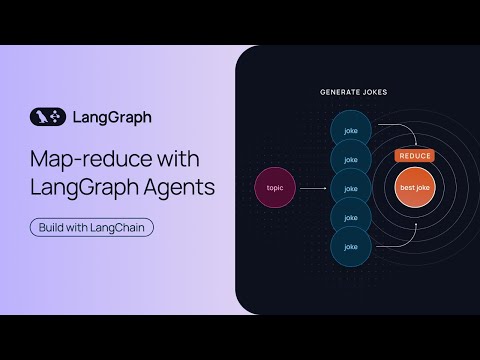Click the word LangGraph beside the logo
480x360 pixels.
[x=112, y=116]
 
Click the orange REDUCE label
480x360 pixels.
[x=413, y=156]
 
